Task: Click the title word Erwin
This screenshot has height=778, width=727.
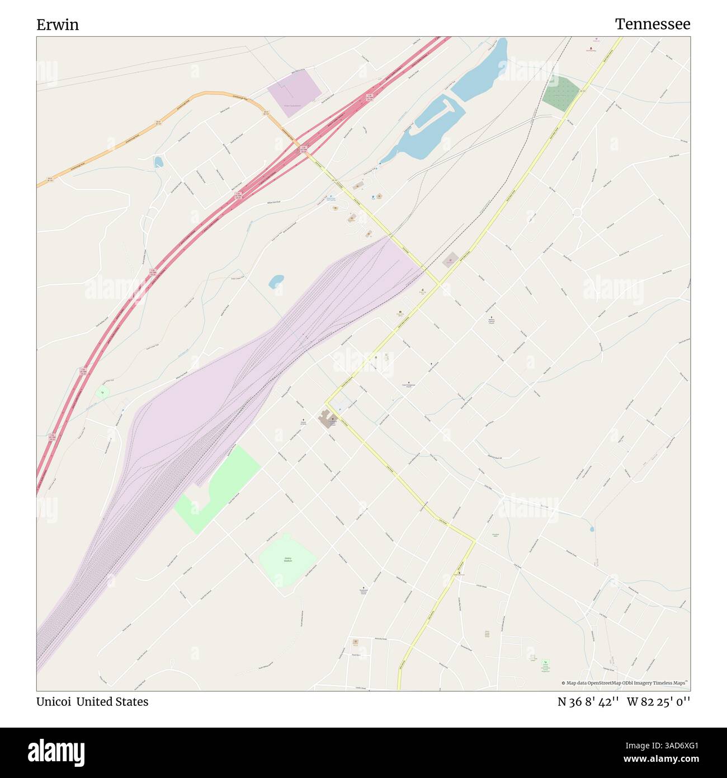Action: click(58, 25)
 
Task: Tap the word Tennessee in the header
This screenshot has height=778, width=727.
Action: click(652, 24)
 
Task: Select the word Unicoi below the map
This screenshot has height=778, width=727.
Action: click(54, 702)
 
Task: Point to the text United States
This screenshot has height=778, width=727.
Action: click(112, 702)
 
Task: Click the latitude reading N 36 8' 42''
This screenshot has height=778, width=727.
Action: click(588, 702)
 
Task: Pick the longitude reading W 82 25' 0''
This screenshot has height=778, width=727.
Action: click(658, 702)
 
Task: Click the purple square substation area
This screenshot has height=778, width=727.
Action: click(294, 93)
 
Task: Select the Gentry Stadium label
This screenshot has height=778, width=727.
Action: click(288, 559)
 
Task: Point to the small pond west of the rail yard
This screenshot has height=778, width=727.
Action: click(276, 281)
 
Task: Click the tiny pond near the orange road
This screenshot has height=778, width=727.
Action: click(159, 162)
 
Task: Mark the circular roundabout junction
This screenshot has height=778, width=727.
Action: click(578, 212)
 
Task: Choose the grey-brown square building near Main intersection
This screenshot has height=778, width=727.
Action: click(451, 260)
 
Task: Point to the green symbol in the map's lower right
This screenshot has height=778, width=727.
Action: click(545, 662)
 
